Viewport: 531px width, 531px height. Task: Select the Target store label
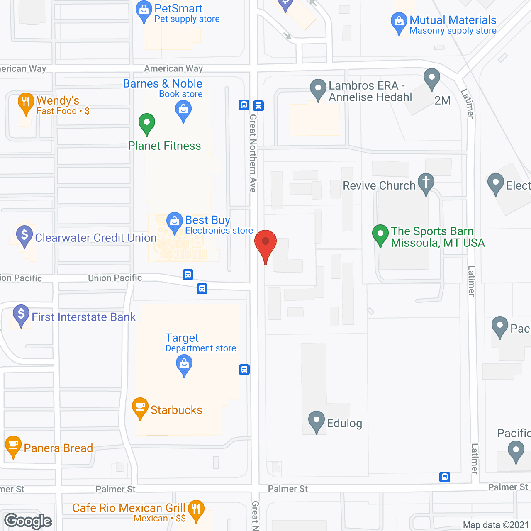pyautogui.click(x=182, y=338)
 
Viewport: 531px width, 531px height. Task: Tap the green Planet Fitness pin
pyautogui.click(x=146, y=123)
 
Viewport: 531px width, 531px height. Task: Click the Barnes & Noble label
pyautogui.click(x=163, y=84)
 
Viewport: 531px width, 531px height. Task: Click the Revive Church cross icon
pyautogui.click(x=426, y=183)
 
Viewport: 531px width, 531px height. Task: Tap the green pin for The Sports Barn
pyautogui.click(x=380, y=234)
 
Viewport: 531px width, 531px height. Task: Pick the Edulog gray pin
pyautogui.click(x=317, y=421)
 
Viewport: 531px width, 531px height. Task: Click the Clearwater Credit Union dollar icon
pyautogui.click(x=24, y=235)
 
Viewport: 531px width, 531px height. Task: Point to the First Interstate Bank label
pyautogui.click(x=83, y=317)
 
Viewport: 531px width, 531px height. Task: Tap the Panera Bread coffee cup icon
pyautogui.click(x=13, y=446)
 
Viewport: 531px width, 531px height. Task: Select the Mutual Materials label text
pyautogui.click(x=453, y=20)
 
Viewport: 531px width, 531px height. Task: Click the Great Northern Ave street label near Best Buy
pyautogui.click(x=253, y=153)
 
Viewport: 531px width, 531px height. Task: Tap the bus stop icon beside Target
pyautogui.click(x=244, y=370)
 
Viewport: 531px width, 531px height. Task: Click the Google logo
pyautogui.click(x=28, y=521)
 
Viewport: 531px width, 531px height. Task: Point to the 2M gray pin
pyautogui.click(x=432, y=78)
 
